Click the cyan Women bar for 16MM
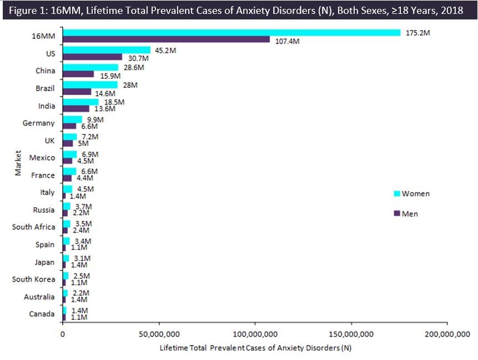click(231, 33)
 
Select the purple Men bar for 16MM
click(166, 39)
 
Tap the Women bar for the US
click(106, 50)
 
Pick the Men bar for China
click(78, 74)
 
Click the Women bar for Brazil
click(90, 84)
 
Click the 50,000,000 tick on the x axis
click(159, 334)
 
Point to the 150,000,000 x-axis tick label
click(351, 334)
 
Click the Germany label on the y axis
click(38, 123)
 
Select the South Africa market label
click(33, 227)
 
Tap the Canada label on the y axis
click(42, 314)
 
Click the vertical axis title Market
click(18, 162)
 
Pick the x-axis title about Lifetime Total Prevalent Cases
click(255, 348)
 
